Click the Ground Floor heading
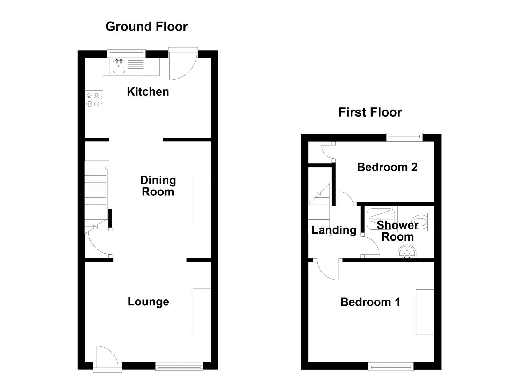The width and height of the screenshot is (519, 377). [146, 27]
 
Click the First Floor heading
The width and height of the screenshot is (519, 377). [370, 112]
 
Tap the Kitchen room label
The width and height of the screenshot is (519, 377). [148, 91]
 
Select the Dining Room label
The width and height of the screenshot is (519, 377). [158, 186]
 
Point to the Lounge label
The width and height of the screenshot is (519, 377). [148, 301]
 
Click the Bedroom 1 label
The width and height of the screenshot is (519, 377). [370, 302]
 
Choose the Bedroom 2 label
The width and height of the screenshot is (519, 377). [387, 167]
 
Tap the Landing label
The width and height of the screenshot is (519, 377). [334, 230]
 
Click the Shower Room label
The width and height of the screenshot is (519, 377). [397, 231]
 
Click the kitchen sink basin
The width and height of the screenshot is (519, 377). [119, 66]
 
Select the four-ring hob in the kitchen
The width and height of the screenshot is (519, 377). [94, 99]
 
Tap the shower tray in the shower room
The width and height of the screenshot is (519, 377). [382, 218]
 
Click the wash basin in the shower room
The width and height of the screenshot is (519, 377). [407, 252]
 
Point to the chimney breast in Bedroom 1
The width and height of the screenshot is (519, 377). [425, 312]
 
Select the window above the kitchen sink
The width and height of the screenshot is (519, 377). [126, 53]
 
